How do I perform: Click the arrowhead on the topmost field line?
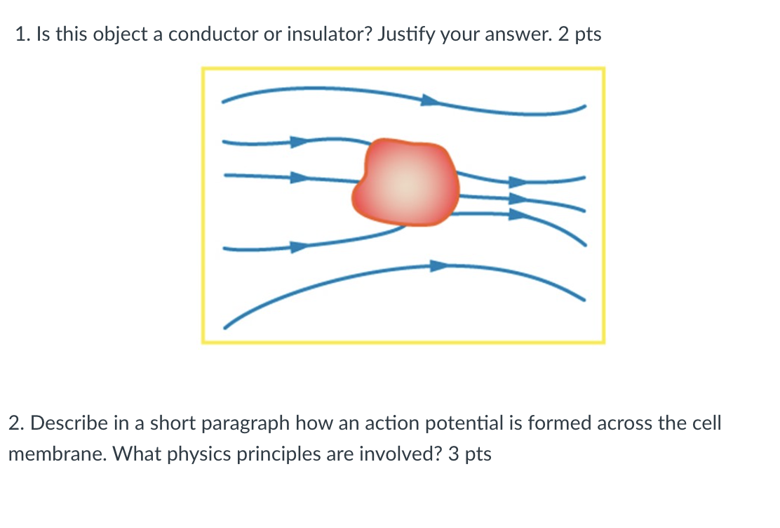429,100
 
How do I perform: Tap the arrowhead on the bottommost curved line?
438,265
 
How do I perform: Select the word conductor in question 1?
213,35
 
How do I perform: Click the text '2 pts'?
579,35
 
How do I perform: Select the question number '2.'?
17,423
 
